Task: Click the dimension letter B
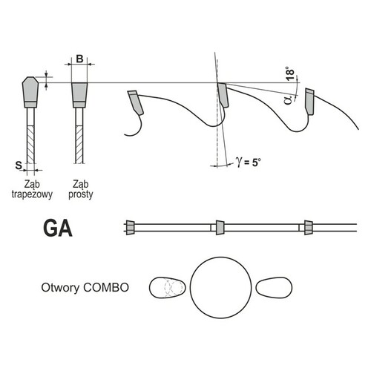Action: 79,59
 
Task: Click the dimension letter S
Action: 19,165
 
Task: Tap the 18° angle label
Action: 290,73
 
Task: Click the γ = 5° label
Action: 249,162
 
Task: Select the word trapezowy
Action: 32,194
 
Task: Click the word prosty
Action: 81,194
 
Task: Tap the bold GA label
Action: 58,229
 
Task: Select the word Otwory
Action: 60,288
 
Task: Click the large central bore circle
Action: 221,287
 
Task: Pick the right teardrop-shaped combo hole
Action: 274,287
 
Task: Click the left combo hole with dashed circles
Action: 167,287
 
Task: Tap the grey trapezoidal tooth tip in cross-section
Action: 30,92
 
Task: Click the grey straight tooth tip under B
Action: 79,95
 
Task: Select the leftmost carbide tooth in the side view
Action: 136,102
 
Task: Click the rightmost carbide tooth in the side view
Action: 309,101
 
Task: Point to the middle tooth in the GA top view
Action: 220,227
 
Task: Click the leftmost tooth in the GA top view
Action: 130,227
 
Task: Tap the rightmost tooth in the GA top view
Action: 309,227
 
